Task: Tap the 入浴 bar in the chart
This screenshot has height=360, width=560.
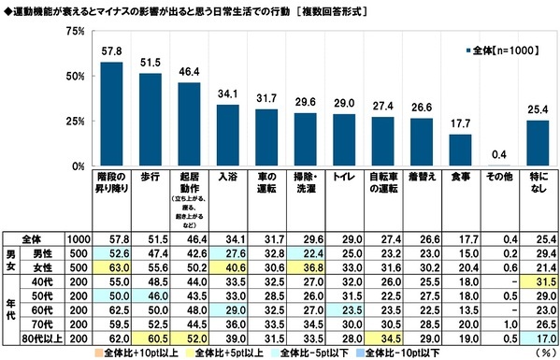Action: [227, 136]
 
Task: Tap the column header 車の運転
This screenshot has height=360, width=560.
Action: [266, 179]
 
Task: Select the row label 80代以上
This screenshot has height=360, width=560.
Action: [43, 337]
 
